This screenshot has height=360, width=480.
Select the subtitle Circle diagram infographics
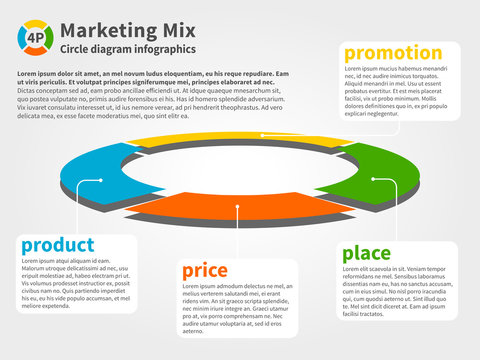pyautogui.click(x=128, y=48)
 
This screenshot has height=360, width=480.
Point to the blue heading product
pyautogui.click(x=58, y=245)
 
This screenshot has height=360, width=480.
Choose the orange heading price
pyautogui.click(x=205, y=270)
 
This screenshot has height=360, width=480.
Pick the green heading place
pyautogui.click(x=367, y=254)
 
